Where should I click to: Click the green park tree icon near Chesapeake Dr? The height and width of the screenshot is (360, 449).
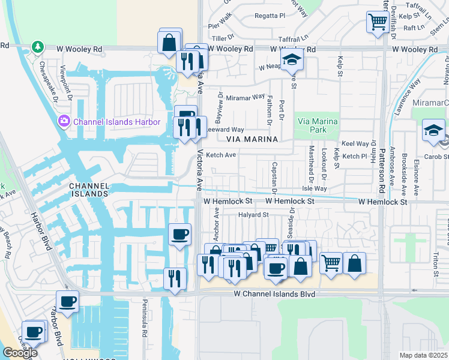point(38,47)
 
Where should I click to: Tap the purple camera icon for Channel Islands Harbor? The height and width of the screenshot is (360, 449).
point(64,122)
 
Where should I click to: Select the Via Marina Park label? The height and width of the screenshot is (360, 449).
point(318,125)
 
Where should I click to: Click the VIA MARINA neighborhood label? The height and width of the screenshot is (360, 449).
point(252,139)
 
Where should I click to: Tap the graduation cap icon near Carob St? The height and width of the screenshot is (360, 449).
point(433,130)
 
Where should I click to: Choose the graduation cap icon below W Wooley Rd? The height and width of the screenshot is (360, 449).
point(292,59)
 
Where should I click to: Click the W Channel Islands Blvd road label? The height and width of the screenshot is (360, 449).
point(274,295)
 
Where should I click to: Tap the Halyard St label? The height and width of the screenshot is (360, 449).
point(253,214)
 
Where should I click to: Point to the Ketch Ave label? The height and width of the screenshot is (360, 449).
point(221,155)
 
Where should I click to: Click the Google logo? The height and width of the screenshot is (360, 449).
point(19,353)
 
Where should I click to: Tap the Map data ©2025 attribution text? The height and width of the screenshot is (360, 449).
point(424,355)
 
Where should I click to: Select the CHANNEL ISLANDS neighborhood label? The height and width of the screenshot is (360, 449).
point(88,190)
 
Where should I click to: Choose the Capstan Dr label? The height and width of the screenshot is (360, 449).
point(274,178)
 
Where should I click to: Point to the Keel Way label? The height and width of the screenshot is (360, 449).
point(355,144)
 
